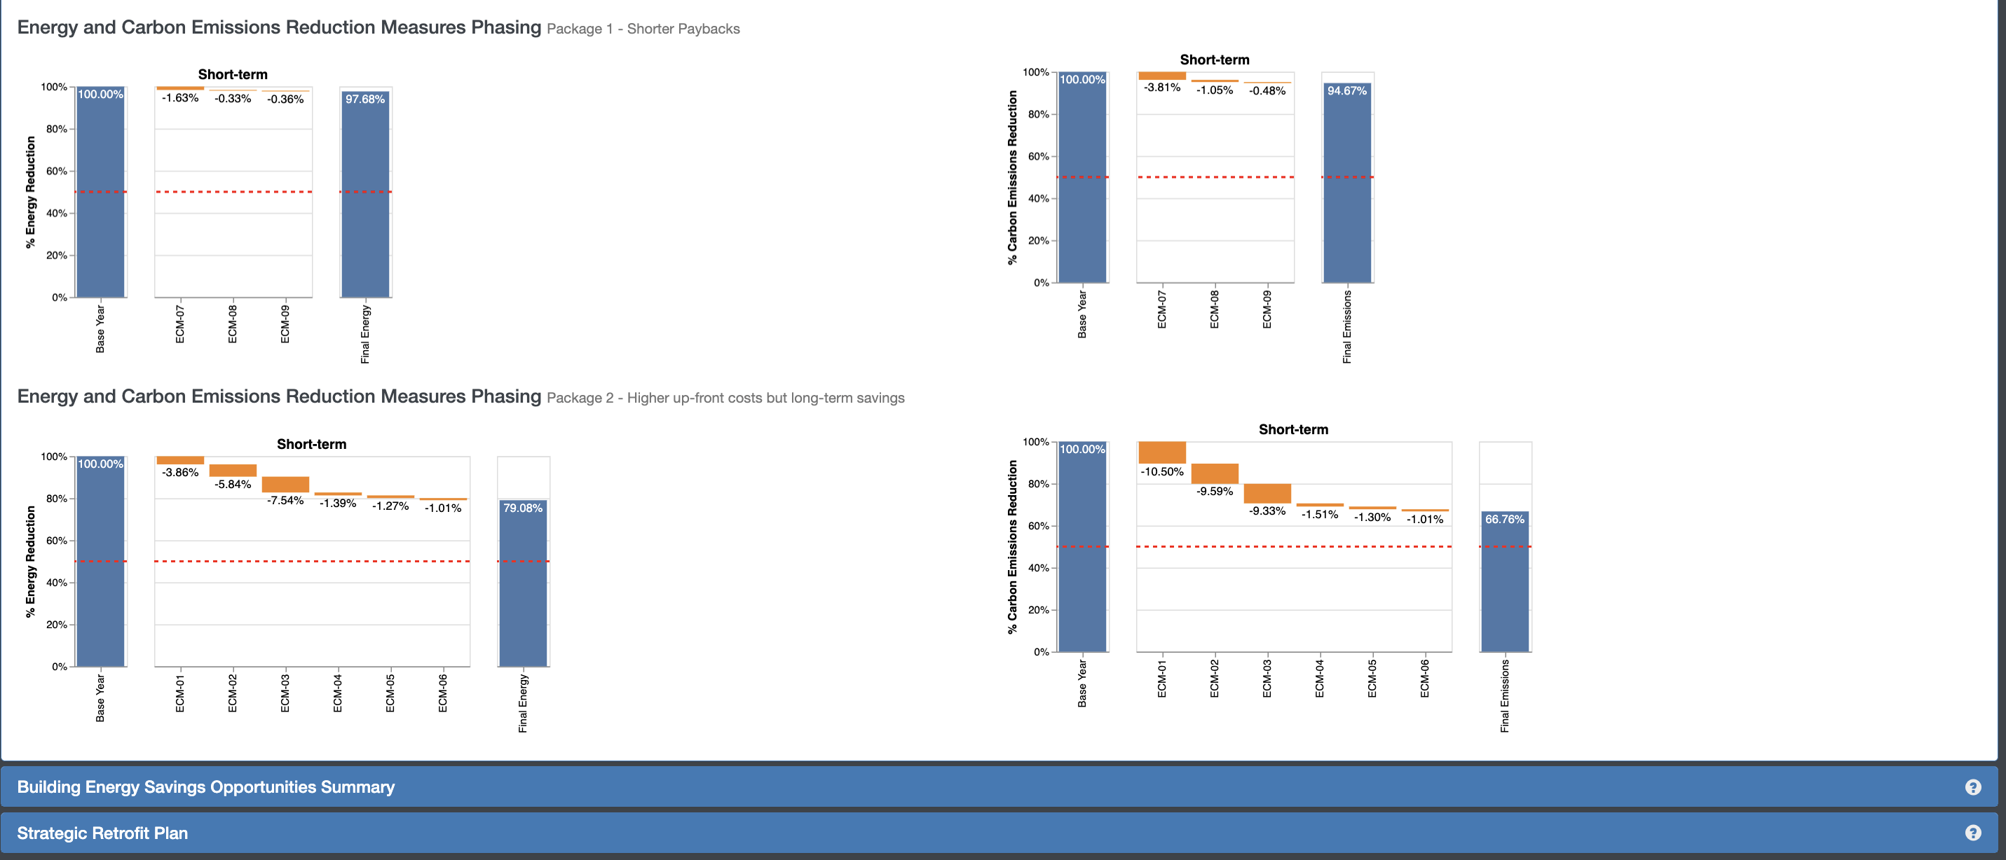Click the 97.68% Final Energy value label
364,99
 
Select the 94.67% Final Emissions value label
1346,91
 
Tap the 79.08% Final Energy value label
522,508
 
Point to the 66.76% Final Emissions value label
1503,519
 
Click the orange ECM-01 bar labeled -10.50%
1162,452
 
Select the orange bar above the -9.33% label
1267,494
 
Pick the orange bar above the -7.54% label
285,484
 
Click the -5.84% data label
233,484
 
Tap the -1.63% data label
180,98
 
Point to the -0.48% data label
1267,91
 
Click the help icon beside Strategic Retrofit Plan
1972,833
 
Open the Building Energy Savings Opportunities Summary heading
205,787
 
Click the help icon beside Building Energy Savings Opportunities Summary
1972,787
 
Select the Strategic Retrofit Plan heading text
102,833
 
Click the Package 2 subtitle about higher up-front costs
725,398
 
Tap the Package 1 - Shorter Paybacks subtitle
643,29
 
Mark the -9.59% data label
1214,491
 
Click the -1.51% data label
1319,515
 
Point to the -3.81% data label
1162,87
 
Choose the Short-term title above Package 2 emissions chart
1292,429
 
